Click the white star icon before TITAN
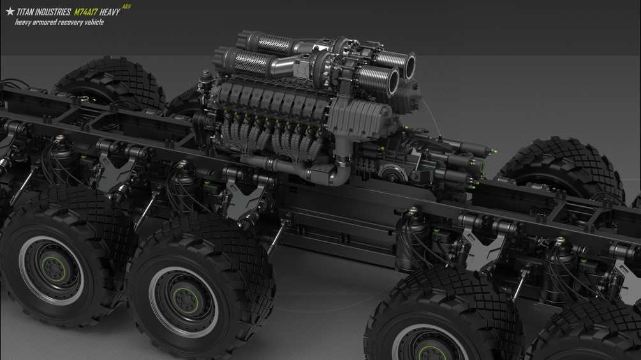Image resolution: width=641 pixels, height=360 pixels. tap(10, 11)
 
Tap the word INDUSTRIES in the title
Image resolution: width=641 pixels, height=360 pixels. tap(54, 12)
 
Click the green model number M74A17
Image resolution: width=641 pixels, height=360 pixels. tap(85, 12)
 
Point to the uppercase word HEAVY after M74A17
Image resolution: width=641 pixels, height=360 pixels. tap(110, 12)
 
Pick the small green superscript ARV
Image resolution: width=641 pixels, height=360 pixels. tap(127, 6)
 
